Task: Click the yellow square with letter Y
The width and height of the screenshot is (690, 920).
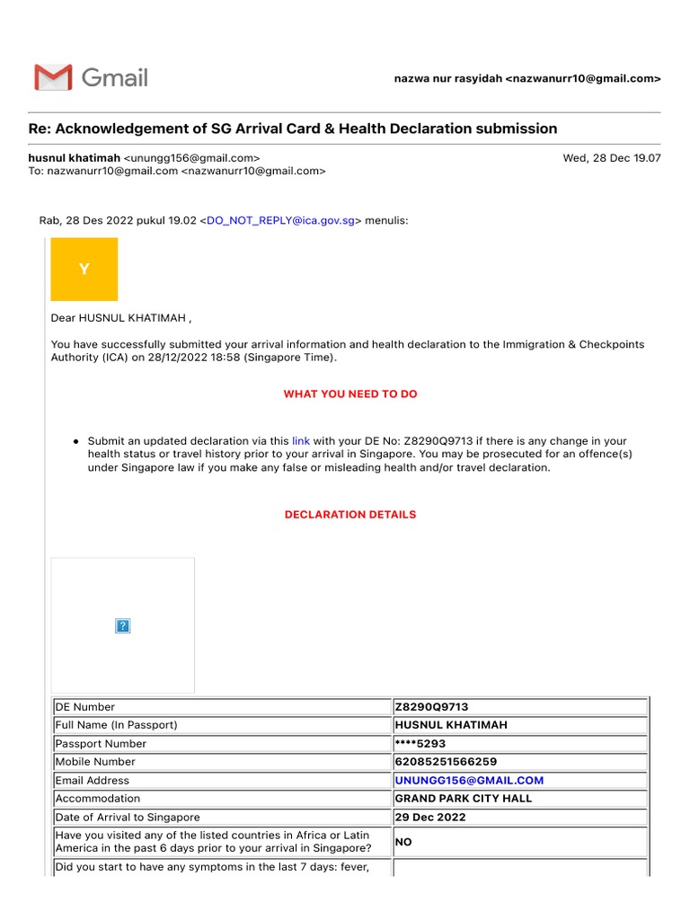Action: (84, 269)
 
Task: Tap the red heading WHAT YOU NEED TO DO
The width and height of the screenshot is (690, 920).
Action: (350, 394)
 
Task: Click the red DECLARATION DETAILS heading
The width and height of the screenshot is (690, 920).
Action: (350, 515)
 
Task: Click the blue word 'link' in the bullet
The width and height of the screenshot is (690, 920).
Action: (301, 441)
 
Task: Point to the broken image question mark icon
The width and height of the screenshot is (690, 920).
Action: (123, 626)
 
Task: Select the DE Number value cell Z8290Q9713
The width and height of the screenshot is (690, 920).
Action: (431, 707)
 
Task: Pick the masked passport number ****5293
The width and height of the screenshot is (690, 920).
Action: (420, 744)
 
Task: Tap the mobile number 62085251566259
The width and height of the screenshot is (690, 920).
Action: (445, 762)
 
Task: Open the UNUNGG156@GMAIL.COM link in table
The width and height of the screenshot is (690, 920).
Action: (469, 781)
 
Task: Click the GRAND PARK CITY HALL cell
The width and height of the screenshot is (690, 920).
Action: (463, 799)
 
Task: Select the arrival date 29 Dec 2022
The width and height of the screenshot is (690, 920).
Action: (431, 818)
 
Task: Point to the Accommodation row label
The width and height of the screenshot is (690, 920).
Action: (98, 799)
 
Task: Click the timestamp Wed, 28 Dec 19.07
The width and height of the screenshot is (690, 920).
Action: (611, 157)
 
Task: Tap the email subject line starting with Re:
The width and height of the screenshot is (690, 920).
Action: (293, 128)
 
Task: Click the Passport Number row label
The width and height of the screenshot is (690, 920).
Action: (101, 744)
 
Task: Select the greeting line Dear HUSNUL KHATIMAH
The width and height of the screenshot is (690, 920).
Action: (121, 318)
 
